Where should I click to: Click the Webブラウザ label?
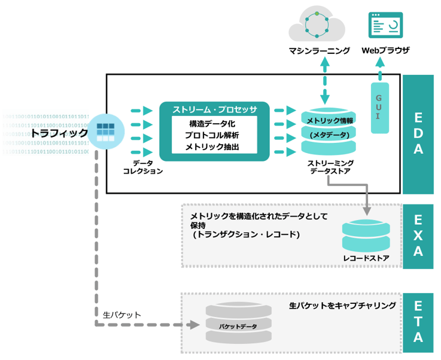pyautogui.click(x=386, y=51)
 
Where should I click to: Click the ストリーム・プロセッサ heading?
pyautogui.click(x=214, y=109)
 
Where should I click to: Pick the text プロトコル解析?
pyautogui.click(x=213, y=135)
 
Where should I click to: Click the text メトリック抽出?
pyautogui.click(x=213, y=147)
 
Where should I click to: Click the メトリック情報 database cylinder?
pyautogui.click(x=329, y=130)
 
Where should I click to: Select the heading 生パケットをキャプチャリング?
pyautogui.click(x=342, y=306)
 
